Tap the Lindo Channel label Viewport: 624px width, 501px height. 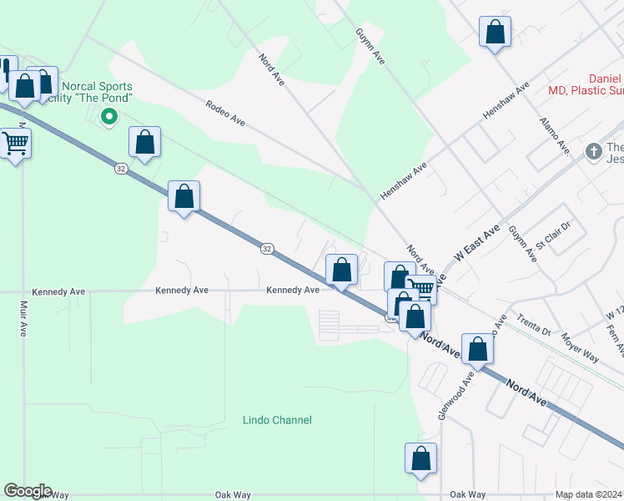point(277,420)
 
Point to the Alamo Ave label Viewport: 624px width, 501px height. point(554,134)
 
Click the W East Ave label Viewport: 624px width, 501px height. point(476,241)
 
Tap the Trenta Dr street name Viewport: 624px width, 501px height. point(534,325)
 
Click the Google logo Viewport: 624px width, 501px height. point(28,491)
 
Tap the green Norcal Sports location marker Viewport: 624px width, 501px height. point(108,117)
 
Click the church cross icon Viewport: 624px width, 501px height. point(594,151)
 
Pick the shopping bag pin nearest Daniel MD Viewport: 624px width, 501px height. point(496,33)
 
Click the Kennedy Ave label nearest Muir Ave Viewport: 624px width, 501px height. point(58,291)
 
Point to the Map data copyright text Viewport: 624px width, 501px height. point(589,494)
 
